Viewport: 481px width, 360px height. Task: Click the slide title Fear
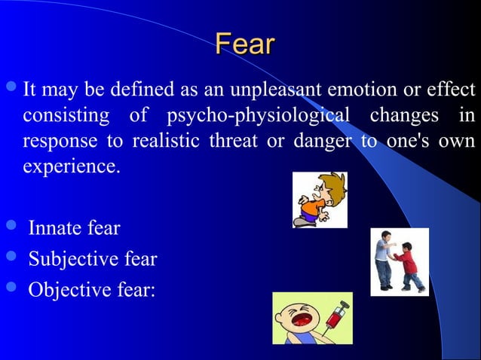click(x=244, y=44)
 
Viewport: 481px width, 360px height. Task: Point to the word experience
click(x=71, y=166)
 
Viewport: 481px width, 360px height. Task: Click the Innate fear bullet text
click(x=74, y=227)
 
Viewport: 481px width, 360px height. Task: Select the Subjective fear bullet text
click(x=93, y=259)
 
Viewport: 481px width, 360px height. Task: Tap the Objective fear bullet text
click(x=91, y=290)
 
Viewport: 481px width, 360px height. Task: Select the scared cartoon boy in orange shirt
click(x=319, y=200)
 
